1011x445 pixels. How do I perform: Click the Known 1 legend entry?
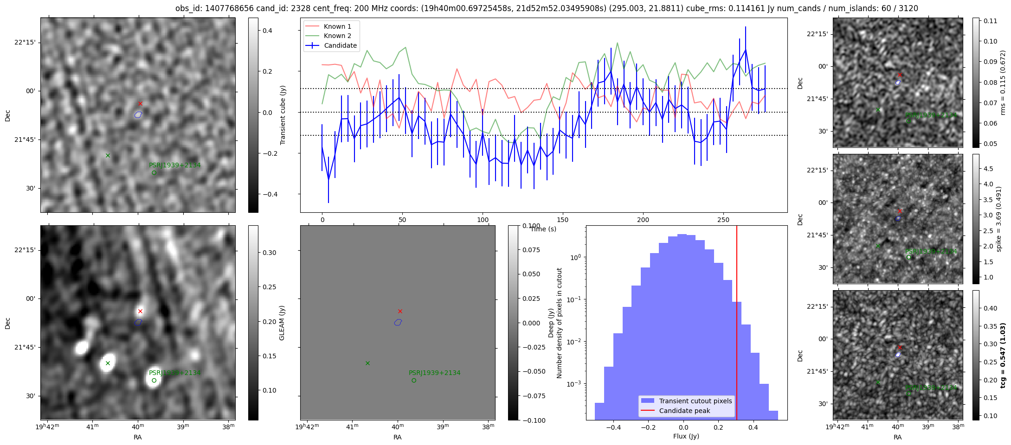tap(337, 26)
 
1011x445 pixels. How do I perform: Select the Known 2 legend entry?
tap(337, 36)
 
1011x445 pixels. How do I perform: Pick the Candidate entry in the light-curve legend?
tap(340, 45)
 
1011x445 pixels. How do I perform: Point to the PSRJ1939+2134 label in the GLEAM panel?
tap(174, 373)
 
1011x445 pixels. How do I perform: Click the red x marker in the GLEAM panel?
tap(140, 311)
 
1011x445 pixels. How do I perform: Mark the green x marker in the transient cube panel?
tap(108, 155)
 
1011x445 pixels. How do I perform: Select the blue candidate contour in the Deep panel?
tap(398, 322)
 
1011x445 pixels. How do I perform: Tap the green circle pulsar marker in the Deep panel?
tap(414, 381)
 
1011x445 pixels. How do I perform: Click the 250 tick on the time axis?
tap(723, 220)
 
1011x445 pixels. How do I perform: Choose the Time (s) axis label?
tap(543, 229)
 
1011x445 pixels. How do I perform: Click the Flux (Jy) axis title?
tap(686, 436)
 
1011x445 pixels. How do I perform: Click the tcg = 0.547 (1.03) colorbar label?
tap(1003, 355)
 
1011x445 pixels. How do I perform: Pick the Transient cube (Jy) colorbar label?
tap(283, 115)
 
